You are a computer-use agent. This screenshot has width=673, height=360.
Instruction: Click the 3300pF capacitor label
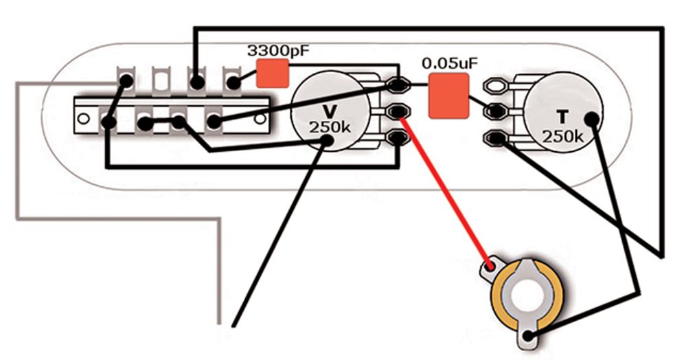pyautogui.click(x=278, y=51)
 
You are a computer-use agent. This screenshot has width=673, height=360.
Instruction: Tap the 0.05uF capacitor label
pyautogui.click(x=450, y=64)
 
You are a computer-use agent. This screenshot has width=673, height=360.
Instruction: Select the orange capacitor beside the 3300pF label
pyautogui.click(x=273, y=74)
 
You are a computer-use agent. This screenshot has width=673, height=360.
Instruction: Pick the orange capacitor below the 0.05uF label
pyautogui.click(x=449, y=95)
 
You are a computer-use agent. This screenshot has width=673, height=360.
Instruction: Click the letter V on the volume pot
pyautogui.click(x=330, y=111)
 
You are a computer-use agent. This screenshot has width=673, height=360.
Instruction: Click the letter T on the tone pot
pyautogui.click(x=562, y=117)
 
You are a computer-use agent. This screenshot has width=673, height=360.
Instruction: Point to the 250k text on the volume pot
pyautogui.click(x=330, y=127)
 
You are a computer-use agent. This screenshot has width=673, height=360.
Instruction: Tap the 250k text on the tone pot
pyautogui.click(x=562, y=137)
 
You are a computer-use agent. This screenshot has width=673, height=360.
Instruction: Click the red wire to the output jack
pyautogui.click(x=444, y=190)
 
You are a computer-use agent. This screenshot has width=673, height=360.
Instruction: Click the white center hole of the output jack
pyautogui.click(x=526, y=295)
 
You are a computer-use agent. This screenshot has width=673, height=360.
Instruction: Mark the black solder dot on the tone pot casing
pyautogui.click(x=592, y=119)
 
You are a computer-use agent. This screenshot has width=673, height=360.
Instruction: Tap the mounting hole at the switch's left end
pyautogui.click(x=83, y=118)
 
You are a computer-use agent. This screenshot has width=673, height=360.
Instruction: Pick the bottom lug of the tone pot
pyautogui.click(x=496, y=138)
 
